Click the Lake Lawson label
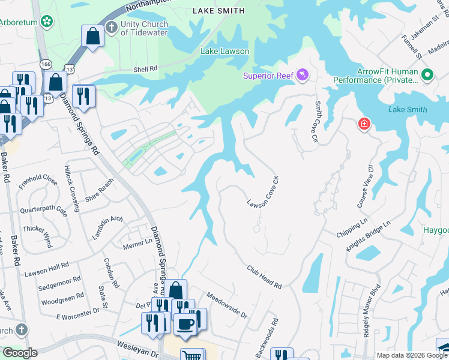(224, 52)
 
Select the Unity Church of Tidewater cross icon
(111, 27)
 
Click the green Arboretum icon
(47, 22)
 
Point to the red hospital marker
(364, 124)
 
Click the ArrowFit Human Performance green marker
(427, 75)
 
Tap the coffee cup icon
(185, 323)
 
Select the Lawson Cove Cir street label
(264, 191)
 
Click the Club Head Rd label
(264, 277)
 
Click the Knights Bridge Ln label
(368, 236)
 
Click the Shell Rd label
(145, 69)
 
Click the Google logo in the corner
(20, 353)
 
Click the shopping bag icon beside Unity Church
(93, 36)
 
